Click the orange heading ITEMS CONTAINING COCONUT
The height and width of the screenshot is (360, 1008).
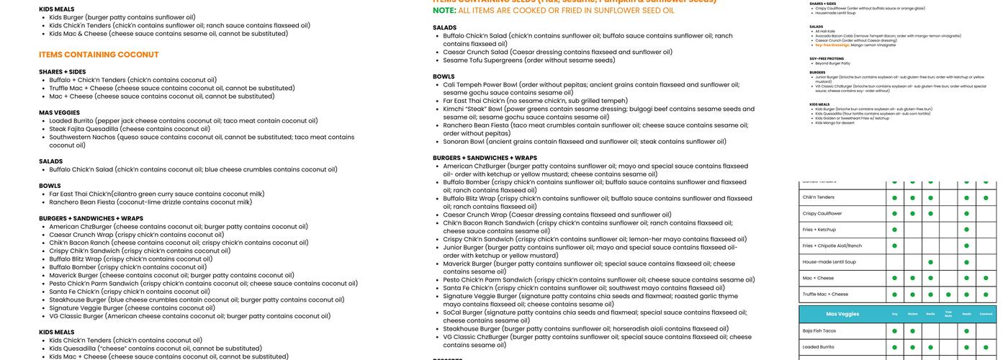pyautogui.click(x=99, y=55)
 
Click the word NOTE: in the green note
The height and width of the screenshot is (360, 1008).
pyautogui.click(x=444, y=10)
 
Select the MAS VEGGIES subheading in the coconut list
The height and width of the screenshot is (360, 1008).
pyautogui.click(x=59, y=112)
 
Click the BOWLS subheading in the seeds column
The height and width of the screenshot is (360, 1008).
pyautogui.click(x=444, y=76)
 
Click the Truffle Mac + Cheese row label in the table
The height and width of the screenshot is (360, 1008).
pyautogui.click(x=825, y=294)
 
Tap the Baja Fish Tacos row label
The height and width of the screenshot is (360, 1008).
pyautogui.click(x=819, y=330)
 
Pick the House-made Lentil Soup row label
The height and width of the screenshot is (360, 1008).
pyautogui.click(x=829, y=262)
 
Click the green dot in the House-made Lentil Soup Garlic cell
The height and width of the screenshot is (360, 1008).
pyautogui.click(x=930, y=262)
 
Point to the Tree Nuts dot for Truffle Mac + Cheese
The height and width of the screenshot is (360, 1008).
pyautogui.click(x=948, y=294)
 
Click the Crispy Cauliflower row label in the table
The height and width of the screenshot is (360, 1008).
pyautogui.click(x=822, y=213)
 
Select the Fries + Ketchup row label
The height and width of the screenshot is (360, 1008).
pyautogui.click(x=819, y=230)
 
